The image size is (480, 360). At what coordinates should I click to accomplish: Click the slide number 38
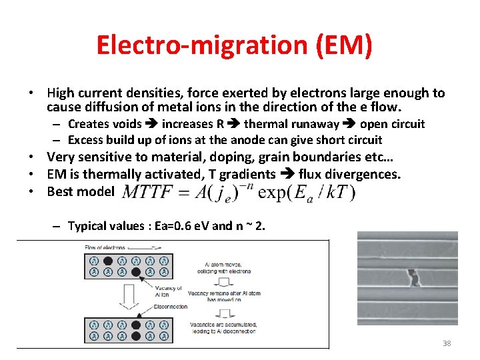point(447,343)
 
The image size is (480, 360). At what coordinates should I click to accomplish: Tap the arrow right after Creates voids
point(151,123)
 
